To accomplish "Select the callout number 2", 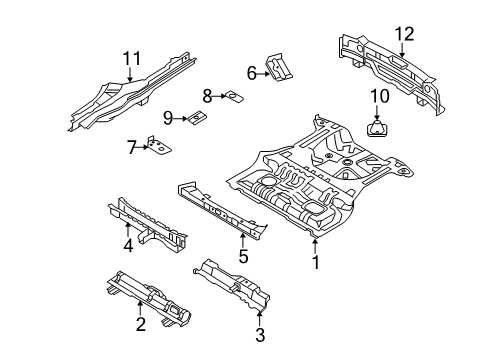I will pyautogui.click(x=140, y=323).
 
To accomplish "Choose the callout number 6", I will pyautogui.click(x=251, y=71).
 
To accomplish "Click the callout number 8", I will pyautogui.click(x=207, y=97).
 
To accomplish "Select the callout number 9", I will pyautogui.click(x=168, y=118).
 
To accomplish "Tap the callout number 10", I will pyautogui.click(x=379, y=95).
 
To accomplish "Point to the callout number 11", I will pyautogui.click(x=128, y=59).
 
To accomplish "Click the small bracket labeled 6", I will pyautogui.click(x=280, y=68).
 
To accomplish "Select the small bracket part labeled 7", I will pyautogui.click(x=157, y=146).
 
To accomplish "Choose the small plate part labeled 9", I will pyautogui.click(x=197, y=118).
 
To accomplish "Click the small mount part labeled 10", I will pyautogui.click(x=379, y=127).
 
